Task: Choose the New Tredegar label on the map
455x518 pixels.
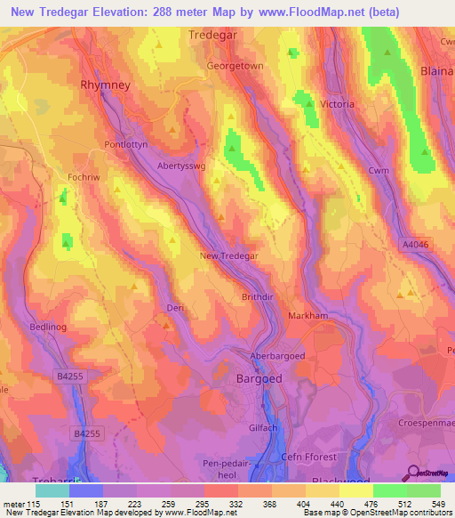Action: (x=229, y=255)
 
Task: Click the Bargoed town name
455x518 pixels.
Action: (x=259, y=378)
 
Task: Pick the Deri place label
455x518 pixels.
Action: (x=174, y=308)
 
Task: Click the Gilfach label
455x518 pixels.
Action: (x=263, y=428)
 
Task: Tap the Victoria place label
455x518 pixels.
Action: (x=337, y=104)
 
